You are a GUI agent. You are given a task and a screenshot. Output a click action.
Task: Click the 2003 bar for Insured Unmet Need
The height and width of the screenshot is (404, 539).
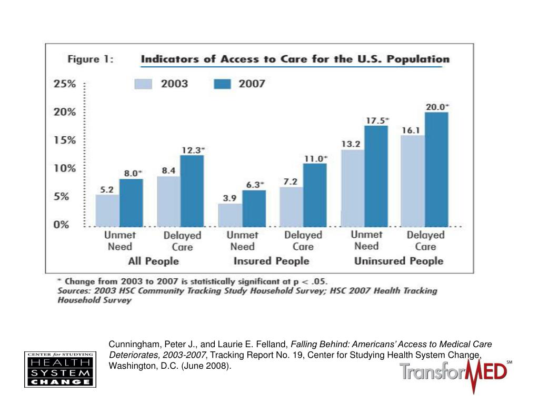(x=230, y=215)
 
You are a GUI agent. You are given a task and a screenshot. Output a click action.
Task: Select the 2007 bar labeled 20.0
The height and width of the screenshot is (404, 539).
(x=436, y=169)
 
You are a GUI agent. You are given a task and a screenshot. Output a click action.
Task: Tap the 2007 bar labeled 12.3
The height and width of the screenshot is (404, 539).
(x=192, y=191)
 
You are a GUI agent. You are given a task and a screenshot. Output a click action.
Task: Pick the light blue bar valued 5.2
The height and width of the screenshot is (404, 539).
(x=107, y=210)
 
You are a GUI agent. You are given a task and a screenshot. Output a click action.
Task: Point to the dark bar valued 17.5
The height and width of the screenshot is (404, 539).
(x=376, y=176)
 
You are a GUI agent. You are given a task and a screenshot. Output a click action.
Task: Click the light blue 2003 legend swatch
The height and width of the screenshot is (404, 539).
(x=143, y=84)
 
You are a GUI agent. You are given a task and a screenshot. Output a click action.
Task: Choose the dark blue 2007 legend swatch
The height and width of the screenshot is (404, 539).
(x=222, y=84)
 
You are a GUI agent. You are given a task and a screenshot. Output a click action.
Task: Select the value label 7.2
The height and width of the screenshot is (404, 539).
(x=291, y=181)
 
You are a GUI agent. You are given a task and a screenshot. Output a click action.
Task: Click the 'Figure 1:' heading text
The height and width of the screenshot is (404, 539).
(x=91, y=59)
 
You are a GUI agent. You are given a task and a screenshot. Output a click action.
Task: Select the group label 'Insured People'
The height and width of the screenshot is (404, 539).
(x=271, y=261)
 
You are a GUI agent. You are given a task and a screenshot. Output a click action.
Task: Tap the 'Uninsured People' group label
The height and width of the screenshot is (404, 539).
(x=398, y=261)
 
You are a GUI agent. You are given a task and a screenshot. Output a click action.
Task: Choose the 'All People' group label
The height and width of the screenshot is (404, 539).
(x=153, y=261)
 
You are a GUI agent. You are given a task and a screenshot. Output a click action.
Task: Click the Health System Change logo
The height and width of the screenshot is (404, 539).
(x=60, y=369)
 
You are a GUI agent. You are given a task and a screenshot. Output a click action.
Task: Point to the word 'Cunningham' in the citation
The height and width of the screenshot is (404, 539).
(x=132, y=345)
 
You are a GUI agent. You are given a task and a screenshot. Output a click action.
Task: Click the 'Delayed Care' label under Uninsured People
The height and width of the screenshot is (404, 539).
(x=425, y=240)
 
